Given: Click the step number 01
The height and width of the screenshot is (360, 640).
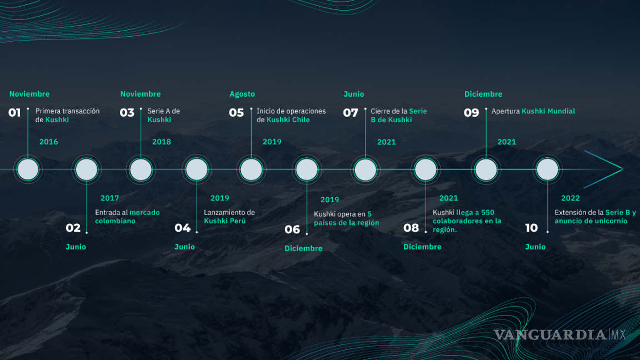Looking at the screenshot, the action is (14, 112).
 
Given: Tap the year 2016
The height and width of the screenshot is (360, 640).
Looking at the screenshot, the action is (48, 142).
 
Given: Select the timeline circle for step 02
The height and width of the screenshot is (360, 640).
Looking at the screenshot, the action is (87, 169).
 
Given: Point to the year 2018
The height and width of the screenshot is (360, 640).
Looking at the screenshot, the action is (162, 142).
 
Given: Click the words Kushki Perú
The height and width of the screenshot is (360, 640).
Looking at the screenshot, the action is (225, 221).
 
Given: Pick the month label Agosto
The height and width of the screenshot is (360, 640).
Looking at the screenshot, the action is (242, 94).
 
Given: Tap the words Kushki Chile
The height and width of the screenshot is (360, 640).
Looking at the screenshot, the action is (288, 119).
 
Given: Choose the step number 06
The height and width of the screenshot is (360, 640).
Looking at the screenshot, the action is (292, 229).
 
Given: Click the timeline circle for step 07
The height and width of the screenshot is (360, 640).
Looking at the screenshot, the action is (366, 169).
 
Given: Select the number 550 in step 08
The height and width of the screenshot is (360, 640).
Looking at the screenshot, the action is (488, 212).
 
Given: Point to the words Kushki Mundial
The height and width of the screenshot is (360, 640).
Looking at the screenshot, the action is (548, 111).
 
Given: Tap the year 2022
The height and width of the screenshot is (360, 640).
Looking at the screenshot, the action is (571, 198).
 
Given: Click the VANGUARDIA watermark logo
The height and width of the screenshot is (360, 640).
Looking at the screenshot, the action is (559, 334).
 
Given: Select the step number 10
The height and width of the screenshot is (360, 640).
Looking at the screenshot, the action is (532, 228).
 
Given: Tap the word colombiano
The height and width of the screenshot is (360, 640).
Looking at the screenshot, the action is (115, 221).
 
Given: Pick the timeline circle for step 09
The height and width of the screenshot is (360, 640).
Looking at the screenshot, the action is (486, 169).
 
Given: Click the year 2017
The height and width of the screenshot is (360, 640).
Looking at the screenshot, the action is (110, 198).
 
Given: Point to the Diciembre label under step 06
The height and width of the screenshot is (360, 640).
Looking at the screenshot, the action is (303, 248).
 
